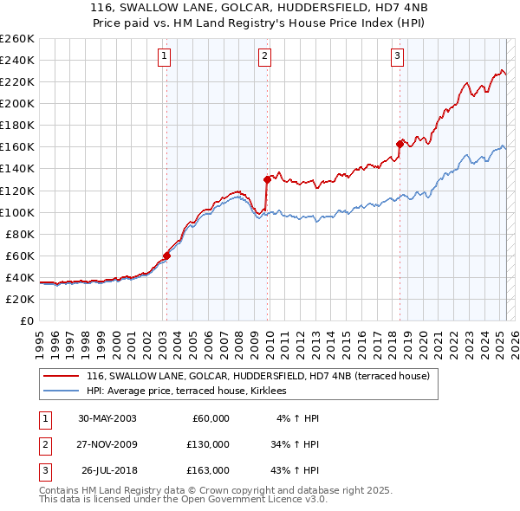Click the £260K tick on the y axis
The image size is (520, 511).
click(x=17, y=39)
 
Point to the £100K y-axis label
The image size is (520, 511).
click(x=17, y=212)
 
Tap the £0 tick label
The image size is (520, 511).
click(x=26, y=320)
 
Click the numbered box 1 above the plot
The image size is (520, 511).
click(x=165, y=57)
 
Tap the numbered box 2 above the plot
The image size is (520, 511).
click(x=264, y=57)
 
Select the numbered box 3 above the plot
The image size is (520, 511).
click(x=397, y=57)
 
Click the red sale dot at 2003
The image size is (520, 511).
click(x=167, y=255)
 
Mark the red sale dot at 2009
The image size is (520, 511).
click(x=267, y=179)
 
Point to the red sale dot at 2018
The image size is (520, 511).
click(x=400, y=144)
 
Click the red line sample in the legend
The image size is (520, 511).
click(x=61, y=377)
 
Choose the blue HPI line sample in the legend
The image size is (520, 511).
click(x=61, y=391)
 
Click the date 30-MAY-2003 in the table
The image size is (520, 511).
click(x=107, y=418)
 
